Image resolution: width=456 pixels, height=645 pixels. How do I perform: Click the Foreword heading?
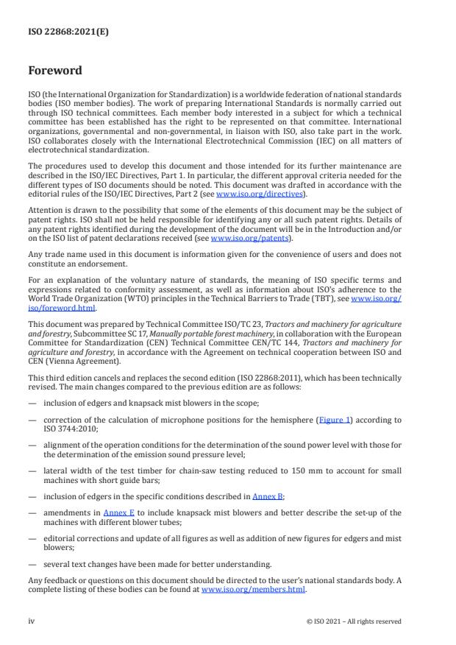(55, 71)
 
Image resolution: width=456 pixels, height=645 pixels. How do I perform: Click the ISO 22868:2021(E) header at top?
(59, 32)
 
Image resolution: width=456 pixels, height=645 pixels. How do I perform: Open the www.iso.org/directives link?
(257, 194)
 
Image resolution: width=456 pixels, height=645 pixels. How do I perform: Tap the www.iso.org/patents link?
(241, 239)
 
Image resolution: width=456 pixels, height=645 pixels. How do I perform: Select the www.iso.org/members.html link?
(253, 589)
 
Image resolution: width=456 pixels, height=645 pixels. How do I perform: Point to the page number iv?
(32, 621)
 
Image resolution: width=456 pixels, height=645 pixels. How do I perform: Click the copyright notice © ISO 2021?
(354, 621)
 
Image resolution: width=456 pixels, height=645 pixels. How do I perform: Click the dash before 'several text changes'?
(33, 565)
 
